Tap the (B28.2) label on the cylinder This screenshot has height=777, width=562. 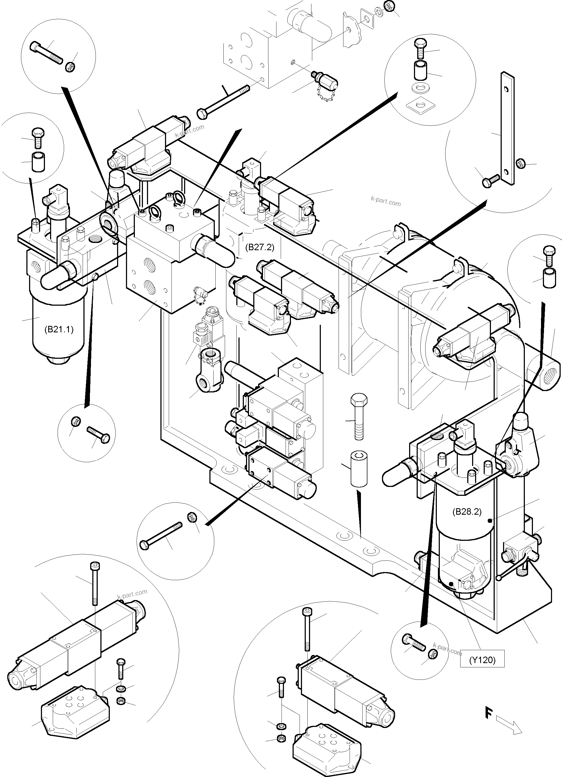point(467,512)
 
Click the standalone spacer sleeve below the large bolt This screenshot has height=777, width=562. point(359,468)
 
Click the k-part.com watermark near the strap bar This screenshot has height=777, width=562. point(386,201)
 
